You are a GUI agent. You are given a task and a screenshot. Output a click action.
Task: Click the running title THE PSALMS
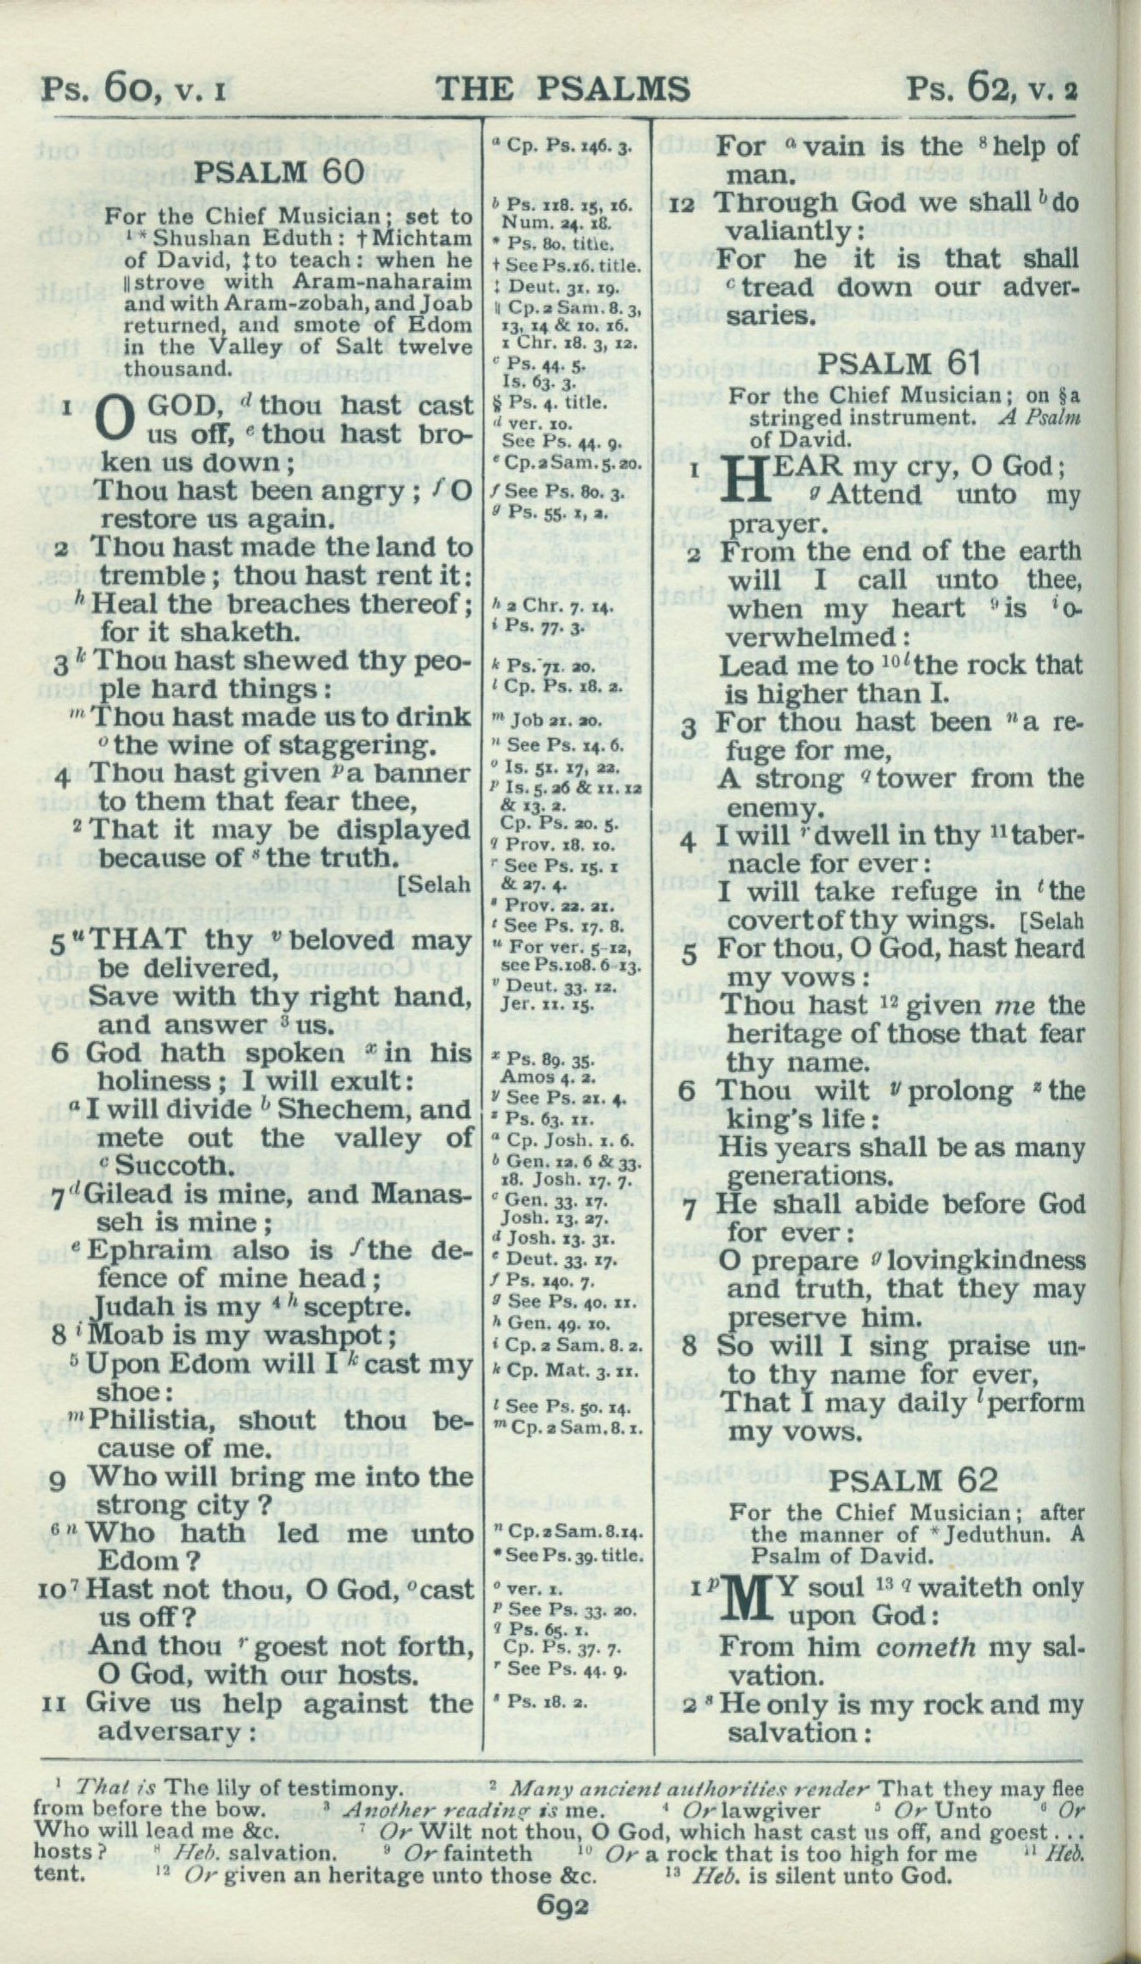[x=563, y=90]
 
